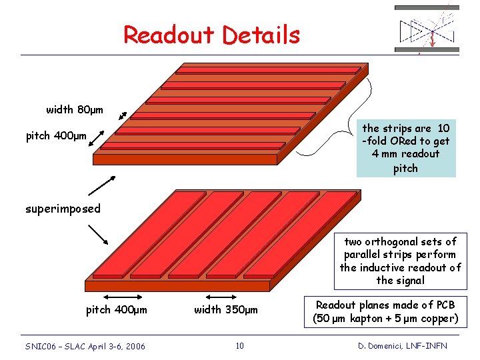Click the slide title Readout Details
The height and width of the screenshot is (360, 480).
211,35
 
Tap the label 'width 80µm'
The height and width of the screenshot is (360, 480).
75,109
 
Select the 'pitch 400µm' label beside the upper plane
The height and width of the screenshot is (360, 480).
56,137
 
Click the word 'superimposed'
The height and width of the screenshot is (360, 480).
63,209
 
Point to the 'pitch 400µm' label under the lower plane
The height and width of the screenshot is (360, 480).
117,309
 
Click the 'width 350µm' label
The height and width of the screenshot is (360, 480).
226,309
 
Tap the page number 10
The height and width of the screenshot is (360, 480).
240,345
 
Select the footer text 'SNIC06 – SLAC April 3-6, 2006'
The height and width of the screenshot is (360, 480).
85,346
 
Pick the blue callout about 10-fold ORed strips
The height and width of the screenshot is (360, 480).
406,148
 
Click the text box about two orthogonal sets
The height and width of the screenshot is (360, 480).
400,261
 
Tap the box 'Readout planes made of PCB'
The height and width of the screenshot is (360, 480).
386,311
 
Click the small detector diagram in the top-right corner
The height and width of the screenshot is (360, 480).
427,29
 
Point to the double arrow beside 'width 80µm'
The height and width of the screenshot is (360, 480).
122,116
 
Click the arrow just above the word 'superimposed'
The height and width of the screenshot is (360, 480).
101,185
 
